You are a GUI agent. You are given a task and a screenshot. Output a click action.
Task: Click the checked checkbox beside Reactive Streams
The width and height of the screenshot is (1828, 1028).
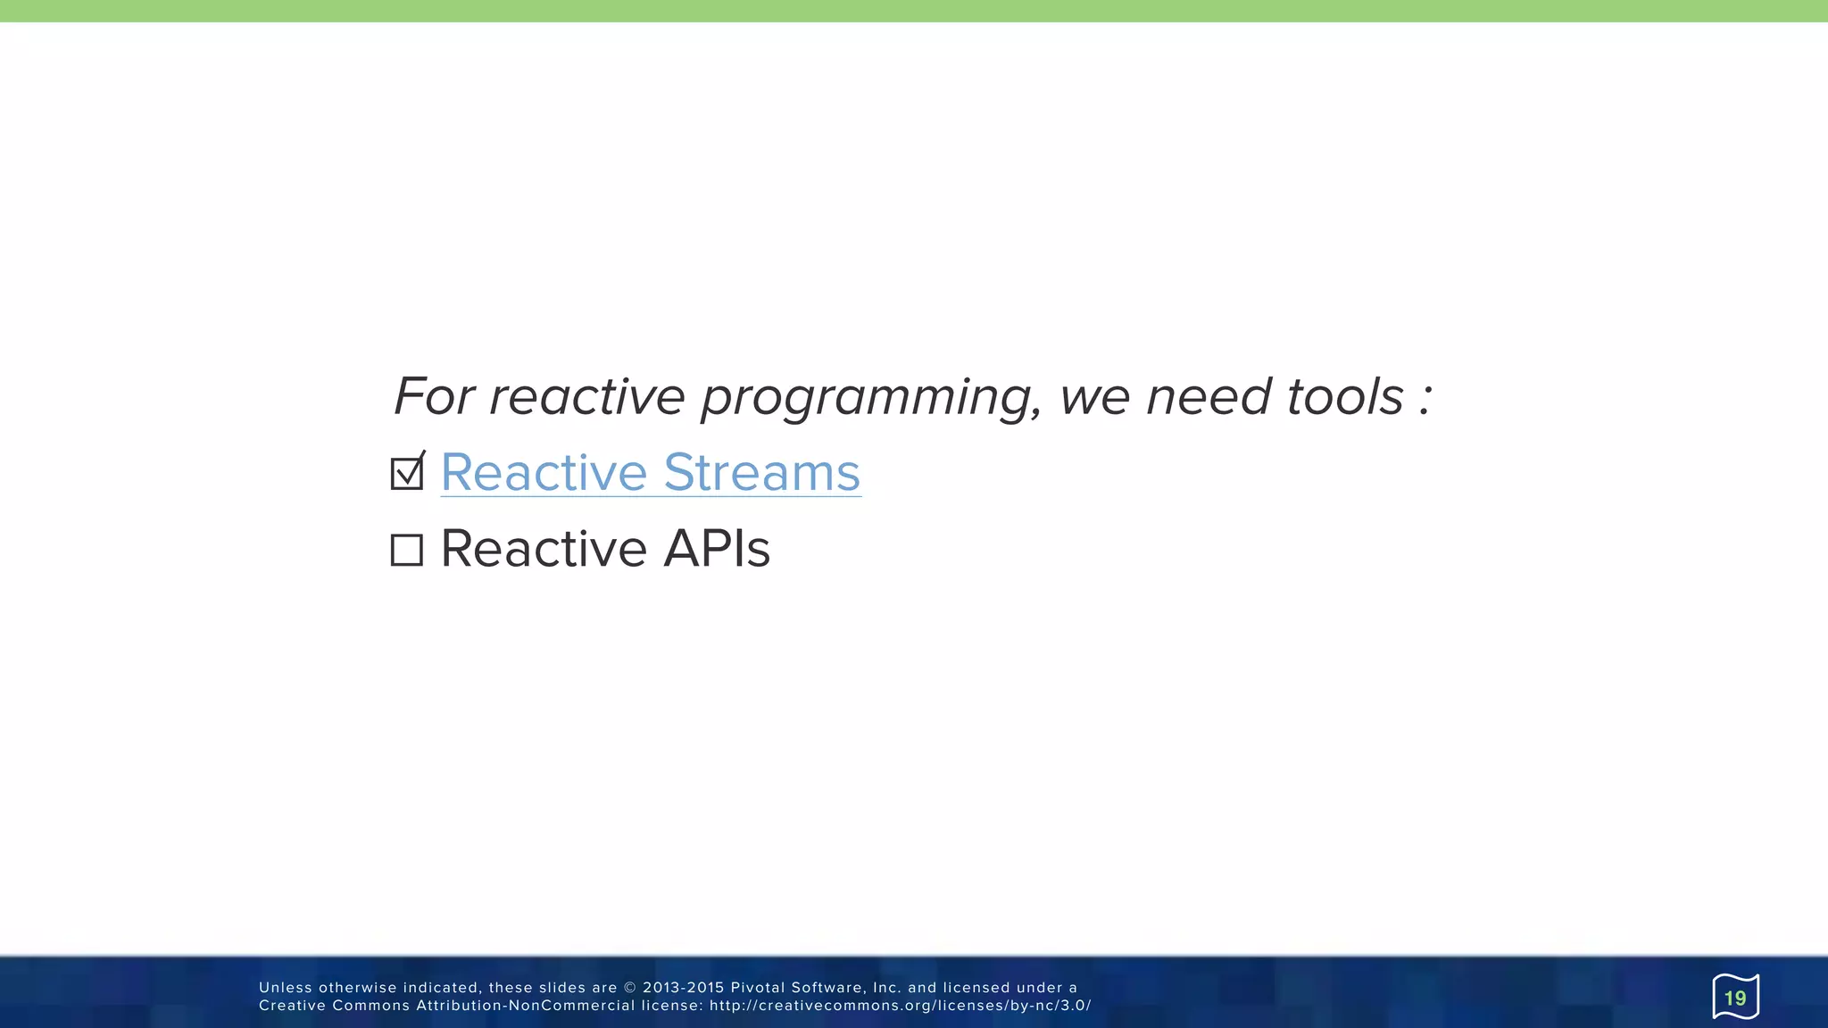click(407, 473)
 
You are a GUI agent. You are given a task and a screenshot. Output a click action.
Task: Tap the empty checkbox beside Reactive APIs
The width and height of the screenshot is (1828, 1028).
click(407, 550)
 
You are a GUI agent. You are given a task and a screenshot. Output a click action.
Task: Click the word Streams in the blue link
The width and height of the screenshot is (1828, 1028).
click(761, 472)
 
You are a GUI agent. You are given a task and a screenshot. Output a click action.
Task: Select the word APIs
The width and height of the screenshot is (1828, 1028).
click(717, 548)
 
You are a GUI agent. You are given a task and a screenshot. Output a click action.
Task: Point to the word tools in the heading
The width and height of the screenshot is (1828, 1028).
click(1345, 396)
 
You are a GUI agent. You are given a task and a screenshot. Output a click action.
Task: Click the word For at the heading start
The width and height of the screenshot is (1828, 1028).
click(434, 396)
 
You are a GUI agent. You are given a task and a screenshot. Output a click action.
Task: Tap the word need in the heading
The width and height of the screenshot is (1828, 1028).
click(1209, 396)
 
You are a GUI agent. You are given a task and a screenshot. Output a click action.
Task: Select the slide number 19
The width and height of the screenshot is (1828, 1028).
click(1734, 998)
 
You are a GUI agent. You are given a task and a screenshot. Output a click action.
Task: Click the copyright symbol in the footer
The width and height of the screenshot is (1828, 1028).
click(629, 988)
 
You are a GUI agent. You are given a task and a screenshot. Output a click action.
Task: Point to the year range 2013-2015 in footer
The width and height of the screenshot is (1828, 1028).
click(683, 988)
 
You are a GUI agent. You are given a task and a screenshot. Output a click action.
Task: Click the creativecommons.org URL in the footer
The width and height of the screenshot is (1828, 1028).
click(900, 1006)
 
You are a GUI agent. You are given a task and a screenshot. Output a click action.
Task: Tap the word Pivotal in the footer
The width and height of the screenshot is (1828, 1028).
click(757, 988)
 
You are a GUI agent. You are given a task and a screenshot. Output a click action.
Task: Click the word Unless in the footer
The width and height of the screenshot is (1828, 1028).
click(286, 988)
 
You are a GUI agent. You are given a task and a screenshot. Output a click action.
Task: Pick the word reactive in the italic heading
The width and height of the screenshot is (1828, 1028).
click(586, 396)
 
